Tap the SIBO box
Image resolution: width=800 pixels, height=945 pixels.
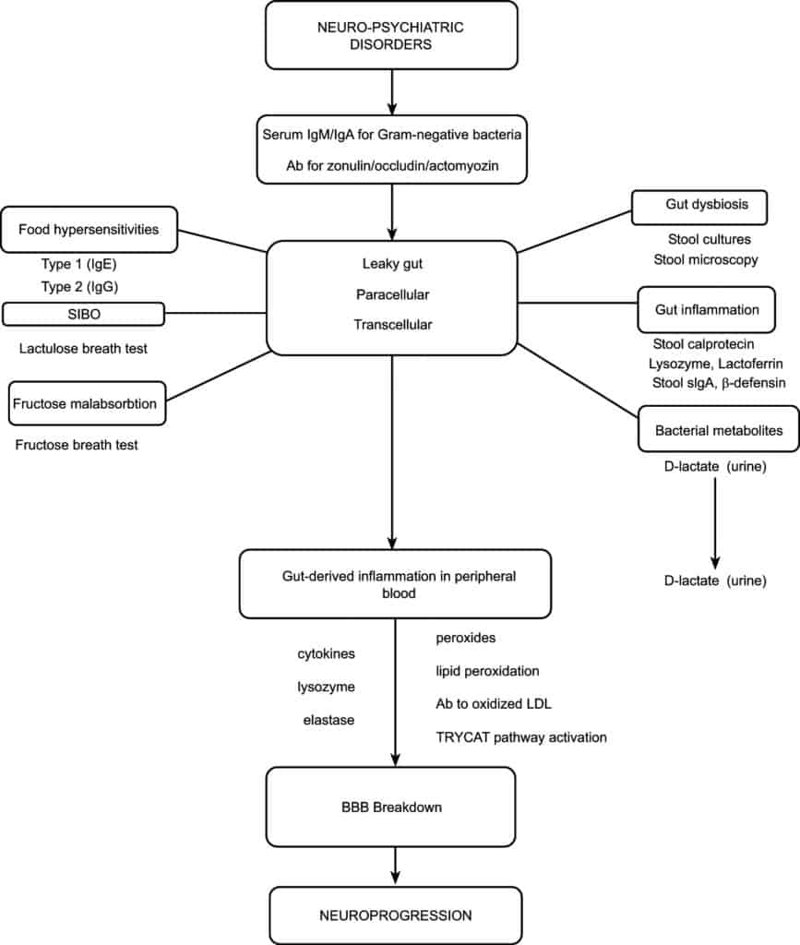click(84, 315)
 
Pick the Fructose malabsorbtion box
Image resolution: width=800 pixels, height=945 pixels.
click(88, 403)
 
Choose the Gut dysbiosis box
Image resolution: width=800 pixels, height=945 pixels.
click(700, 207)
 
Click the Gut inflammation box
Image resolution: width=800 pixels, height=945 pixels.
click(706, 309)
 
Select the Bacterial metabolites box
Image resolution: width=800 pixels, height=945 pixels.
click(707, 430)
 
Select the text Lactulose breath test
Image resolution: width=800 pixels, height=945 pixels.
click(82, 348)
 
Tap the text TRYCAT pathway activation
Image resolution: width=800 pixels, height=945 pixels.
click(520, 736)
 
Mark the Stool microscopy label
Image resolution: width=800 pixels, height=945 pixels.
click(706, 259)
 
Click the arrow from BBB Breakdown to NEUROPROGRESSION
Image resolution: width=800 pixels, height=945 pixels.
click(395, 864)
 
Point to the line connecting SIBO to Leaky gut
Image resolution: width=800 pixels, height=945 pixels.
click(215, 314)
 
